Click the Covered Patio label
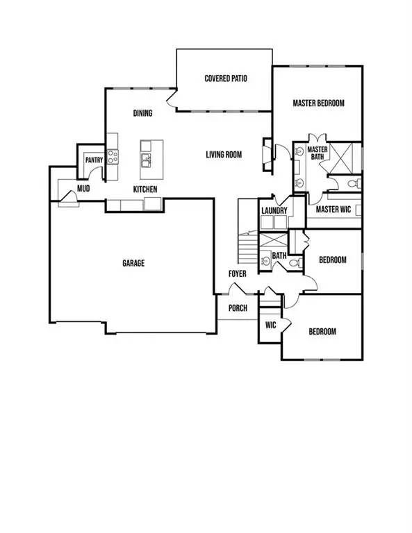(x=225, y=78)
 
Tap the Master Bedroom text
(x=318, y=103)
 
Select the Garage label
(x=133, y=263)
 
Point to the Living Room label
(x=224, y=154)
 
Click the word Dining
(x=143, y=113)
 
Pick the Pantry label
(x=94, y=160)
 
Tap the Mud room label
(x=83, y=188)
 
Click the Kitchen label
(x=145, y=189)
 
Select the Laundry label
(x=274, y=211)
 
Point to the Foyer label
(x=238, y=274)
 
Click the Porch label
(x=238, y=307)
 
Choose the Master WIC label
(x=332, y=209)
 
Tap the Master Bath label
(x=317, y=153)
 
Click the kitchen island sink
(x=147, y=161)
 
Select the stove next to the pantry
(x=111, y=158)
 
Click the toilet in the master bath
(x=352, y=183)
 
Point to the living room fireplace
(x=266, y=152)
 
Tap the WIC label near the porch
(x=270, y=324)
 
